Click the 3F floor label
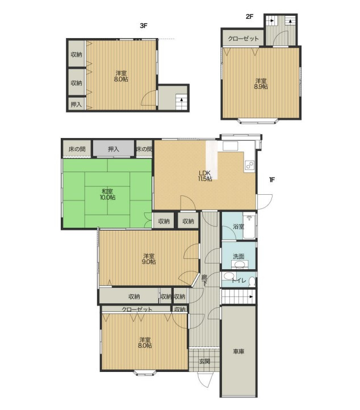144,26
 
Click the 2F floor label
250,16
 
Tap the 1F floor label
272,179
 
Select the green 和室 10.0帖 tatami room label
108,194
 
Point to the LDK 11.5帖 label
205,175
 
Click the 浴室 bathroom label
238,227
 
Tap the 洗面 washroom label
238,257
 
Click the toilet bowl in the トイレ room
252,281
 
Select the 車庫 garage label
238,352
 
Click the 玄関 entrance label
204,361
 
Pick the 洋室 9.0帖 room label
149,258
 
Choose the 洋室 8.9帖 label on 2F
261,83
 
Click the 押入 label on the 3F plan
76,104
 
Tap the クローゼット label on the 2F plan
243,39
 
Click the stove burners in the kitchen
249,165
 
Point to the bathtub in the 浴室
249,226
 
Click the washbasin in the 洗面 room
238,265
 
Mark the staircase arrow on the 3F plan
182,100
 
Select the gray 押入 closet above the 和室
114,149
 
